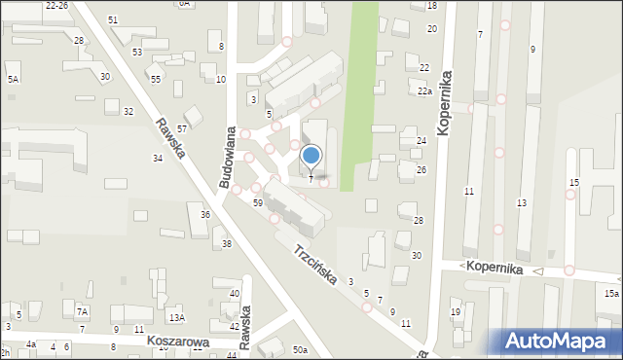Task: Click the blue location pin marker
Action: pos(311,156)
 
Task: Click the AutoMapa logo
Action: pos(557,341)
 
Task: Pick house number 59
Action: pos(258,203)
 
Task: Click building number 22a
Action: pos(424,91)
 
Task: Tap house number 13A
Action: pos(175,317)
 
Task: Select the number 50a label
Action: pos(300,350)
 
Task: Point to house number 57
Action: pos(182,128)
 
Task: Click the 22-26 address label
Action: pos(56,5)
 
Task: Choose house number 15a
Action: pos(610,293)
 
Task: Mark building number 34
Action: pos(157,158)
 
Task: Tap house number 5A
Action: pos(14,79)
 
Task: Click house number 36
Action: pos(205,214)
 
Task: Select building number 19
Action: pos(456,312)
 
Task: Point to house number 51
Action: pos(113,20)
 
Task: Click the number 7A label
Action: pos(83,311)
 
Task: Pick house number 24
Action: pos(421,141)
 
